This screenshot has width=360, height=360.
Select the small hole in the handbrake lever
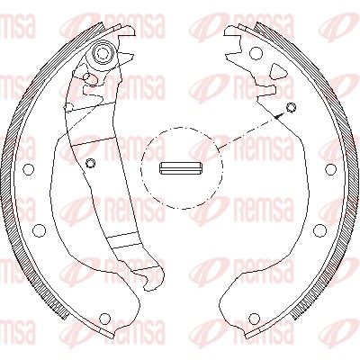click(91, 163)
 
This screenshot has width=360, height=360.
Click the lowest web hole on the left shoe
click(104, 318)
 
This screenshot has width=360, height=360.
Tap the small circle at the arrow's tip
click(291, 109)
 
